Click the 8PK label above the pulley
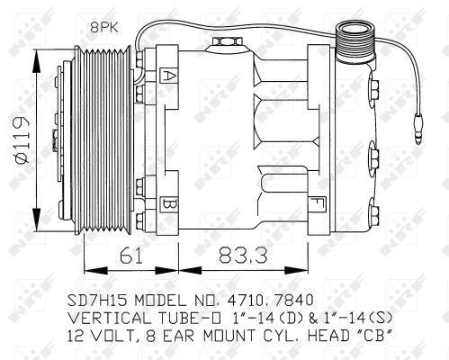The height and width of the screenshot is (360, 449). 104,28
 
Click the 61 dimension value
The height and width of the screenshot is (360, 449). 131,256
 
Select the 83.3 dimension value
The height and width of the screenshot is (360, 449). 243,256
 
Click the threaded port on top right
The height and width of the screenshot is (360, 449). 355,42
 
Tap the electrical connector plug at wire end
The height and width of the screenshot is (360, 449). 418,128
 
